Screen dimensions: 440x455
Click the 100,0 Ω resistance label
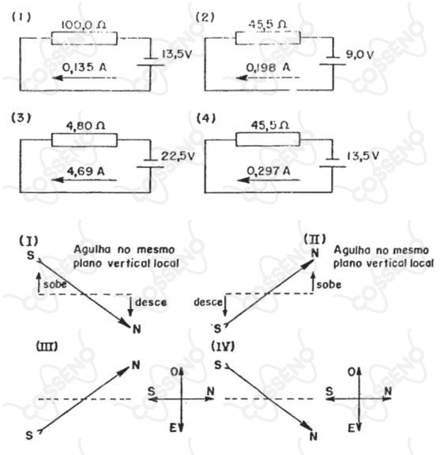tap(84, 25)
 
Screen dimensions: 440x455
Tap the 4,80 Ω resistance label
tap(86, 126)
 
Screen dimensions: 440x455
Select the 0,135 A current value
tap(85, 67)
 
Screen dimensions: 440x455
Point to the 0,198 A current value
tap(269, 68)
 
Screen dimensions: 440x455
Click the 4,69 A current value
tap(86, 171)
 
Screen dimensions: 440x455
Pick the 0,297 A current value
tap(269, 170)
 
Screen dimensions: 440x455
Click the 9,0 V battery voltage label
tap(359, 54)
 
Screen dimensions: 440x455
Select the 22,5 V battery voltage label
tap(178, 156)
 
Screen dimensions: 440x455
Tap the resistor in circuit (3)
tap(85, 140)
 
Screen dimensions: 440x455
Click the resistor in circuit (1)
tap(85, 39)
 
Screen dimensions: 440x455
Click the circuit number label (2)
tap(205, 17)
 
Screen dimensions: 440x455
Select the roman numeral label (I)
tap(28, 241)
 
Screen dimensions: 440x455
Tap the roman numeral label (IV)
tap(223, 346)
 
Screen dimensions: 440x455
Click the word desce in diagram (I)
tap(151, 302)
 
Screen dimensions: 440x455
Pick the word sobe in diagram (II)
tap(329, 285)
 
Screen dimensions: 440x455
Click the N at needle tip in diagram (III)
tap(136, 365)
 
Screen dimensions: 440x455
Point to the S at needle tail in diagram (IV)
tap(218, 365)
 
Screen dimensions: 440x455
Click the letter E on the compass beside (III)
tap(173, 427)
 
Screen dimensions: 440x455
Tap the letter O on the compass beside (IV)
tap(352, 372)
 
